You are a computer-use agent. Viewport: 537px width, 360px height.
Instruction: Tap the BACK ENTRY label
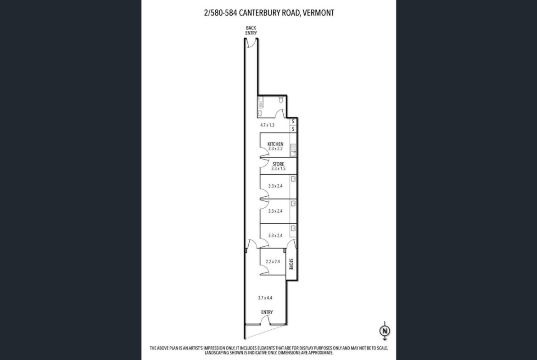(251, 30)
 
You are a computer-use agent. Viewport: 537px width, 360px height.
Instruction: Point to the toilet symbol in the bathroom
(281, 100)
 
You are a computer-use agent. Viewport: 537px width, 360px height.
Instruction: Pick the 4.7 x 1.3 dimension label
(267, 125)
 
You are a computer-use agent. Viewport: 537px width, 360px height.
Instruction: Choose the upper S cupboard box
(293, 122)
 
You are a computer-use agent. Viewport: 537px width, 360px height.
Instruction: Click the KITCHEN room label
(275, 144)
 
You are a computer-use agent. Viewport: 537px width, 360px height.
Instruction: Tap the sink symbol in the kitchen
(293, 149)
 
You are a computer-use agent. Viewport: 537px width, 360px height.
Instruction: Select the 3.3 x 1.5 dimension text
(278, 169)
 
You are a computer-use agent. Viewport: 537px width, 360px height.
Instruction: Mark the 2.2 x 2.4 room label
(273, 261)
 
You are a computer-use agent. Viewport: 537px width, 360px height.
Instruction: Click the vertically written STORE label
(291, 264)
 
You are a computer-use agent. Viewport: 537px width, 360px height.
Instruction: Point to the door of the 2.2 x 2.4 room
(264, 271)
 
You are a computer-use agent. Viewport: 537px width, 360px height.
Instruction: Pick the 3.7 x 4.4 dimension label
(265, 298)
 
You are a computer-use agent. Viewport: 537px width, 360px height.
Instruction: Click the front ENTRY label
(267, 312)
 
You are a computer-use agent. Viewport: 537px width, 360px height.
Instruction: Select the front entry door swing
(266, 320)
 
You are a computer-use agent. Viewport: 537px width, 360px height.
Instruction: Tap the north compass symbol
(385, 331)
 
